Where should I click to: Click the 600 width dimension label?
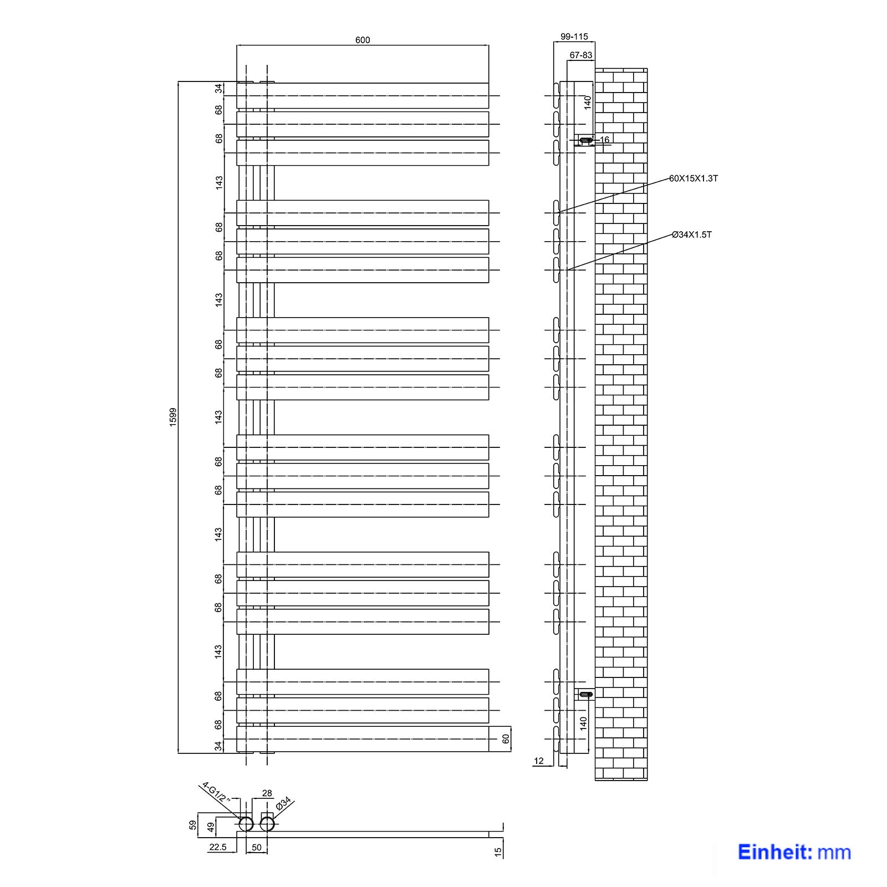pos(363,40)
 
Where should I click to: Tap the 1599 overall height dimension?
pos(172,417)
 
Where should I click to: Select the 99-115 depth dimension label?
pos(574,37)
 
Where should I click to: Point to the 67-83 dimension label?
pos(581,55)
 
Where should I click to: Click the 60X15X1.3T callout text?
pos(694,179)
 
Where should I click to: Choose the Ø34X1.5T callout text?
pos(692,235)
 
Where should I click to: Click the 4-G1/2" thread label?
pos(215,793)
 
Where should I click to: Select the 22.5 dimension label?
pos(218,847)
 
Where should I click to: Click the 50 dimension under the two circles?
pos(257,848)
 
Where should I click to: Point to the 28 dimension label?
pos(267,793)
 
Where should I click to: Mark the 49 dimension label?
pos(210,827)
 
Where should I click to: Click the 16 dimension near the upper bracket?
pos(604,140)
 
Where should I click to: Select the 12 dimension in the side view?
pos(539,761)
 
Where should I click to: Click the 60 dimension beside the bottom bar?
pos(505,739)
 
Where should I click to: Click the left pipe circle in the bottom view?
pos(246,824)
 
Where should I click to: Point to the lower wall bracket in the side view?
pos(585,694)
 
